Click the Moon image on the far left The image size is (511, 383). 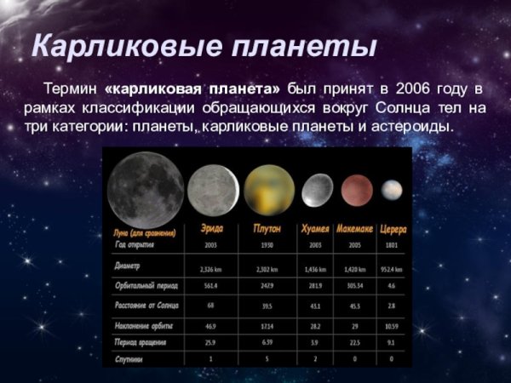pyautogui.click(x=146, y=186)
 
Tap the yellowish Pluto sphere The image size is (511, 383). pyautogui.click(x=269, y=190)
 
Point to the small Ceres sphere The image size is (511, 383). pyautogui.click(x=393, y=190)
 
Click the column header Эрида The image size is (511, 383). pyautogui.click(x=212, y=230)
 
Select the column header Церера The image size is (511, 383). pyautogui.click(x=393, y=230)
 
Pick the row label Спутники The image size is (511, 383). pyautogui.click(x=130, y=359)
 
